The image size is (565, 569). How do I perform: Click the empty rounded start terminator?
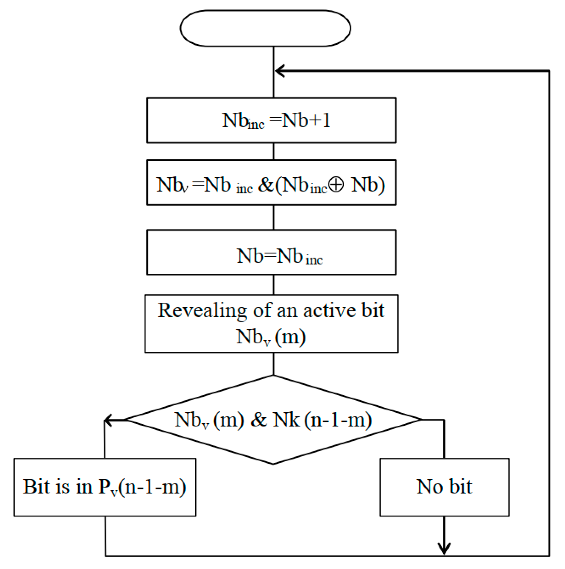[265, 28]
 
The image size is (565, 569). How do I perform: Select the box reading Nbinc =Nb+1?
[271, 120]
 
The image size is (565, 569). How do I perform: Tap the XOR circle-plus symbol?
[336, 185]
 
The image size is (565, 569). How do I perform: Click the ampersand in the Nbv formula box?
[265, 185]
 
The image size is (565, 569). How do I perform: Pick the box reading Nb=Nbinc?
[271, 253]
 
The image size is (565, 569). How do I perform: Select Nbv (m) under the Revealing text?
[271, 337]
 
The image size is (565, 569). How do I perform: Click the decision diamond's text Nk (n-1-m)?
[322, 420]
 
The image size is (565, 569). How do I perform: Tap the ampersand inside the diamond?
[259, 420]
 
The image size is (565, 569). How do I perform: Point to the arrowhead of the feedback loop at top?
[279, 71]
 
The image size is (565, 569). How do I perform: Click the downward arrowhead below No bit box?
[444, 548]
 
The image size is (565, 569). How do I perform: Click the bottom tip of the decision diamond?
[273, 464]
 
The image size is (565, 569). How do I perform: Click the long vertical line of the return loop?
[549, 313]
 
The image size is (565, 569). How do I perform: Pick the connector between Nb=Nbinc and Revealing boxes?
[274, 285]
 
